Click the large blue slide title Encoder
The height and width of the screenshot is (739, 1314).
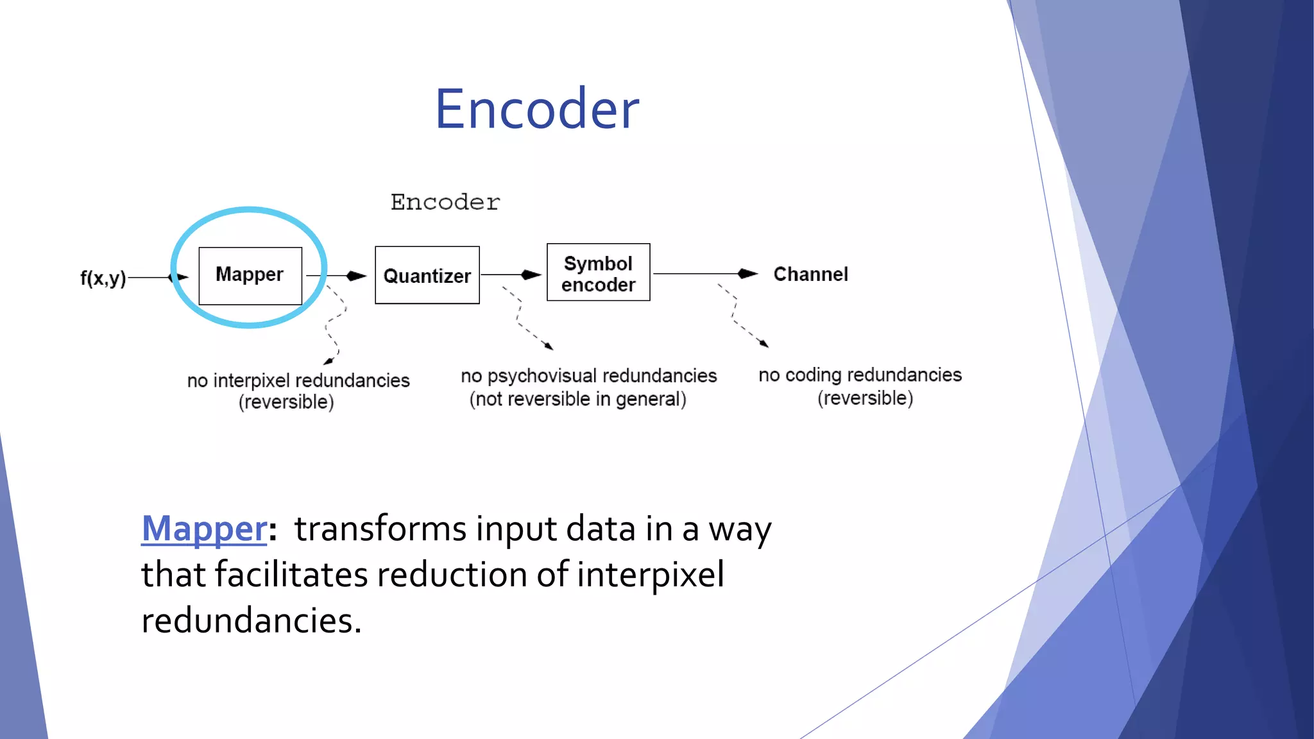tap(537, 109)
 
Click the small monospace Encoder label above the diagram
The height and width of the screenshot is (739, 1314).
tap(445, 202)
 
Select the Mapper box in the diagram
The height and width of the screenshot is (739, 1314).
tap(250, 275)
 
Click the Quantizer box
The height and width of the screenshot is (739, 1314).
tap(427, 275)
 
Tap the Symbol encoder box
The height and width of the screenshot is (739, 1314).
tap(598, 273)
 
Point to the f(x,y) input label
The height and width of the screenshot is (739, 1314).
tap(103, 278)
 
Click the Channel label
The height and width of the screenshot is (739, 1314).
tap(810, 274)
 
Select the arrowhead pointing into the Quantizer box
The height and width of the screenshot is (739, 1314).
tap(356, 276)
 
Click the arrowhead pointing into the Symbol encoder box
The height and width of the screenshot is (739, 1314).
tap(531, 275)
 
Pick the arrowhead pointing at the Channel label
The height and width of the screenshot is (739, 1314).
tap(747, 274)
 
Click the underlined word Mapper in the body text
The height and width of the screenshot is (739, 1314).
tap(204, 529)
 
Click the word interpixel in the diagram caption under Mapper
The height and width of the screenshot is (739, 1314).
tap(252, 380)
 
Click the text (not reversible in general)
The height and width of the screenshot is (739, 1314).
tap(577, 399)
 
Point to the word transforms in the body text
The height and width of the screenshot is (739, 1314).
tap(380, 529)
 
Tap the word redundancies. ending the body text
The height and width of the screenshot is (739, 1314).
tap(252, 620)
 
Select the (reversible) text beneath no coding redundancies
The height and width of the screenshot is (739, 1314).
tap(865, 398)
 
